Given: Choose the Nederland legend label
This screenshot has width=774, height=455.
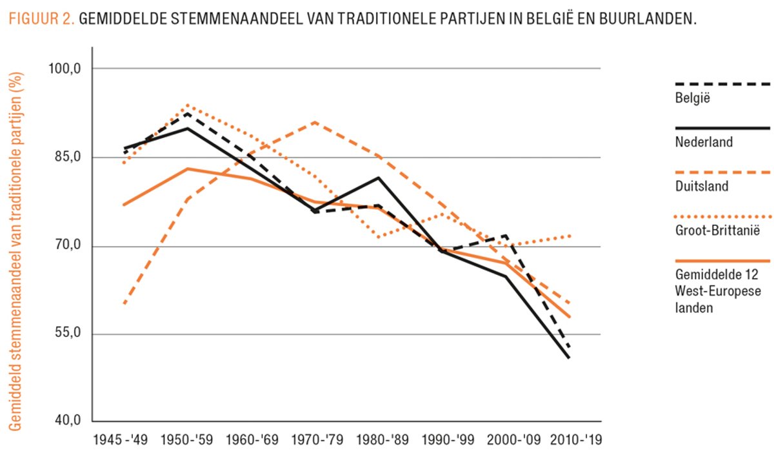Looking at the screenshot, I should pos(704,142).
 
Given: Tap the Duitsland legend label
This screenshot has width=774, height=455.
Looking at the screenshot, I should pos(702,187).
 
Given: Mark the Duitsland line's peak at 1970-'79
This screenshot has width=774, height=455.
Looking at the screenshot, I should pos(314,122).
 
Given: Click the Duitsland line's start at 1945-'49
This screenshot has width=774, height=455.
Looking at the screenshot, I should pos(123,303).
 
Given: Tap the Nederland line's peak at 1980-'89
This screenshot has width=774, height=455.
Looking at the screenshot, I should pos(378,177).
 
